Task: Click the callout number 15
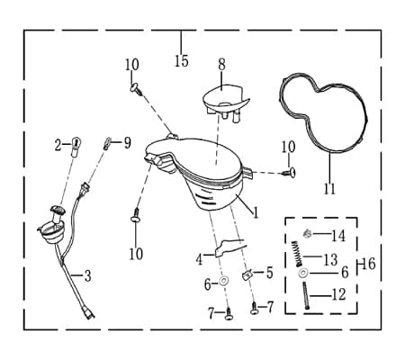182,61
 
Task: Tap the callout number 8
221,65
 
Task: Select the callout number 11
329,189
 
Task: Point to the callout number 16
369,264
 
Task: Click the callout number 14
338,236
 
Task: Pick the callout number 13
331,260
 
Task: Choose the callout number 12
339,294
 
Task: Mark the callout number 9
128,143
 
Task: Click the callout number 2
58,146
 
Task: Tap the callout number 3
87,276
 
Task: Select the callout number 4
199,259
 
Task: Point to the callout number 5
269,273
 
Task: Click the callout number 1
256,213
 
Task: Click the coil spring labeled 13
298,254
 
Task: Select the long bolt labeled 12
305,296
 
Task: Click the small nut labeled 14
307,233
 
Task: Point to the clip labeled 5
247,274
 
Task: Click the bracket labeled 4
229,246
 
